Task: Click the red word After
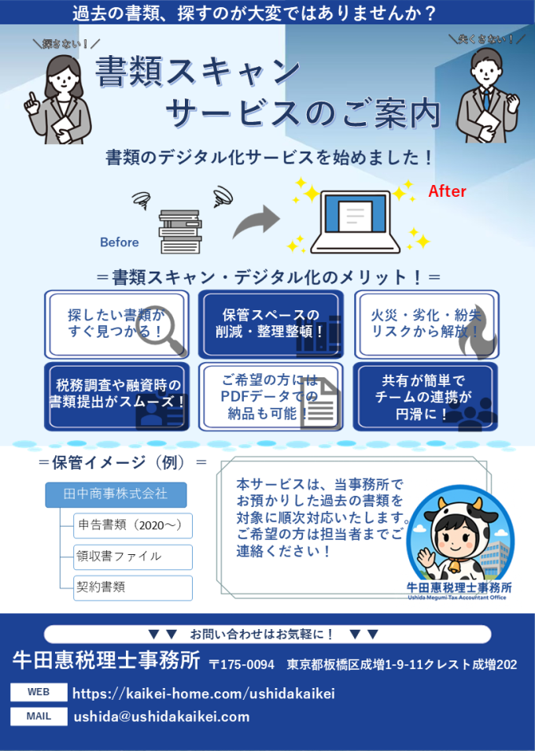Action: (x=447, y=191)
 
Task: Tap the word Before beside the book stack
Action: (x=119, y=242)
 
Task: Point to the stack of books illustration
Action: (x=181, y=231)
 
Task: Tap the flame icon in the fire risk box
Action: (x=481, y=335)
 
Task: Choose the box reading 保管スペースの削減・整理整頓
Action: (x=271, y=324)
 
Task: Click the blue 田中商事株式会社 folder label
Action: (x=116, y=495)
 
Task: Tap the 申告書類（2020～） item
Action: (x=133, y=525)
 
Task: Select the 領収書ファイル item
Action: (x=133, y=557)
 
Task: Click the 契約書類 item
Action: (x=133, y=587)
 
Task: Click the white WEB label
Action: (x=38, y=693)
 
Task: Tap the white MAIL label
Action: (x=38, y=716)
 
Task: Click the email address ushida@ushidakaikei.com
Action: (x=161, y=717)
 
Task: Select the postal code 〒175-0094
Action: (x=242, y=665)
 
